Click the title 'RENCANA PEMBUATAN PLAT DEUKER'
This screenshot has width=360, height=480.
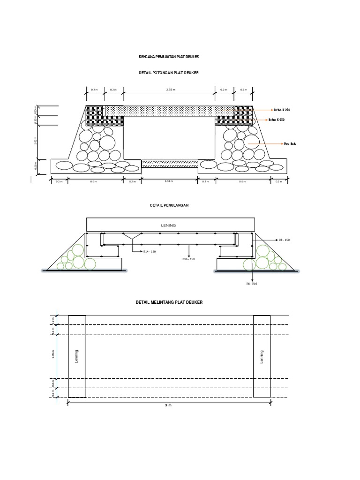click(169, 56)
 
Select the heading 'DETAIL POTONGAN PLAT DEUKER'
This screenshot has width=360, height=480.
click(169, 73)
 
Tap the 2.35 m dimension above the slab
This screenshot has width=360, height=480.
click(170, 90)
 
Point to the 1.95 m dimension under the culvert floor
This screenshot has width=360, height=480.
click(169, 181)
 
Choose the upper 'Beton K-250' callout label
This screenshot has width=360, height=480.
click(282, 109)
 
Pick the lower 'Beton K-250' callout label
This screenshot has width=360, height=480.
click(277, 120)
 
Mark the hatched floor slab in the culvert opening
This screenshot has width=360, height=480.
click(170, 164)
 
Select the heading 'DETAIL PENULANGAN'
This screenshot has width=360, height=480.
click(169, 206)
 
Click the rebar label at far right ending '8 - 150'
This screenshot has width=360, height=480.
click(284, 240)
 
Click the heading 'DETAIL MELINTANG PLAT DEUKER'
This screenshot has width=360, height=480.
click(169, 303)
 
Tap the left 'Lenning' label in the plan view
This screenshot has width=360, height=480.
click(77, 356)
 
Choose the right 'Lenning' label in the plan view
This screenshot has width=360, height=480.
click(262, 356)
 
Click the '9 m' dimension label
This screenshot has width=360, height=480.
click(169, 405)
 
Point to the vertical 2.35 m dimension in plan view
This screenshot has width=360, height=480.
click(53, 356)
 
